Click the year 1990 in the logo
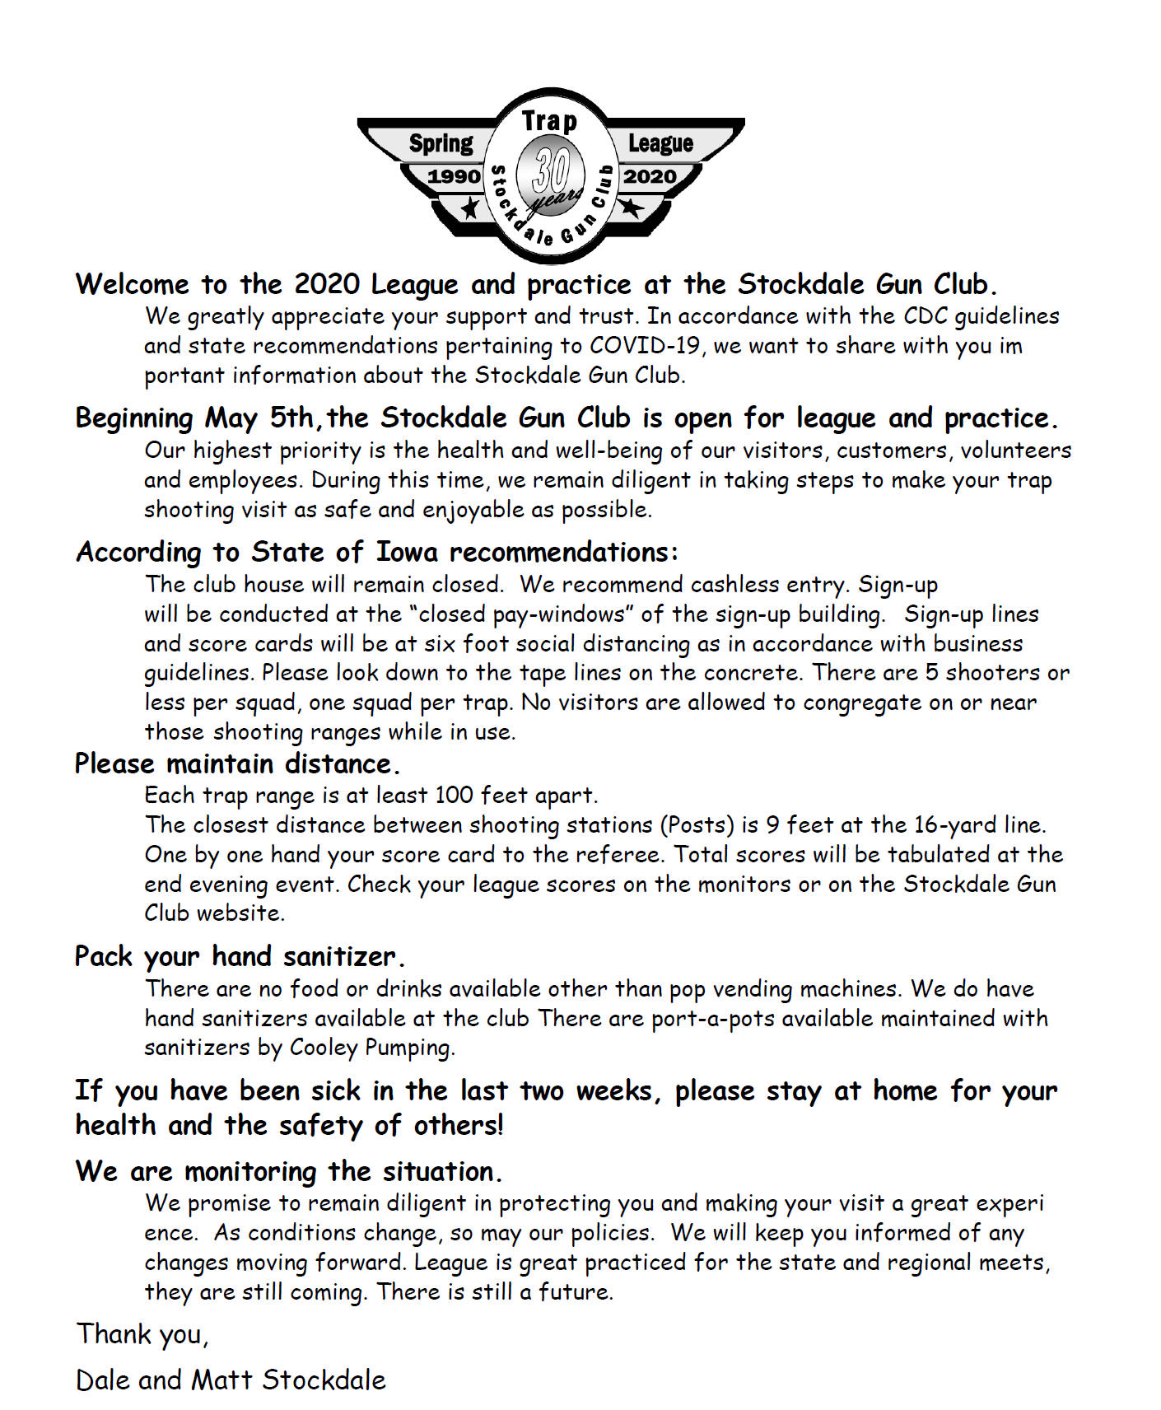tap(454, 176)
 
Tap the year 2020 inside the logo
tap(650, 176)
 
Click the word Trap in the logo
tap(549, 121)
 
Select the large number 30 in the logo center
tap(550, 170)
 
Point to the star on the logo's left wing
tap(469, 208)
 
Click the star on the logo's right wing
tap(631, 207)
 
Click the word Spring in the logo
tap(441, 143)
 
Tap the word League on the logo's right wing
tap(660, 143)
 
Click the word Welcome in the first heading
tap(133, 284)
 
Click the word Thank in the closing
tap(113, 1334)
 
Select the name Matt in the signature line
tap(221, 1380)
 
